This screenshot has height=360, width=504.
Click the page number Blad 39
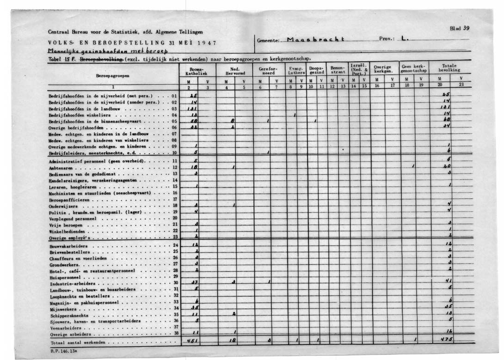460,28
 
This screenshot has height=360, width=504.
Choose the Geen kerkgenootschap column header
414,68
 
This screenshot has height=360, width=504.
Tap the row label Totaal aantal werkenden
78,343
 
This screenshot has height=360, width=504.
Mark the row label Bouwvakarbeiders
68,246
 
